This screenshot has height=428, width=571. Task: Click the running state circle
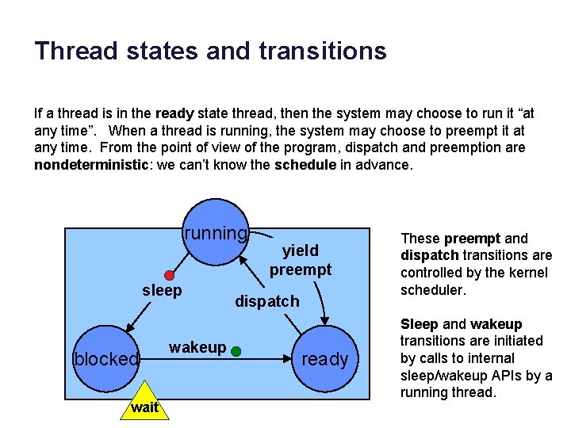(x=216, y=235)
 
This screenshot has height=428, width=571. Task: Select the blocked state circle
(x=105, y=359)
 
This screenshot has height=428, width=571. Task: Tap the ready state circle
(x=325, y=359)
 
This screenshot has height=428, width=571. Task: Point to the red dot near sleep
(x=169, y=275)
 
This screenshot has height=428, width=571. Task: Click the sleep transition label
(x=162, y=291)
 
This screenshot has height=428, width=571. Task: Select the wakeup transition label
(x=197, y=347)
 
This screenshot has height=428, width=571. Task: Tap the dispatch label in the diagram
(x=267, y=301)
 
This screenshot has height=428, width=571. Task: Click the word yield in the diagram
(x=301, y=251)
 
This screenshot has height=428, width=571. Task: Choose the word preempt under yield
(x=301, y=269)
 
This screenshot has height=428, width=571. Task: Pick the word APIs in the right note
(x=498, y=376)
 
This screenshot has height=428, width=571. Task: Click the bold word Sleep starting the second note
(x=419, y=324)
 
